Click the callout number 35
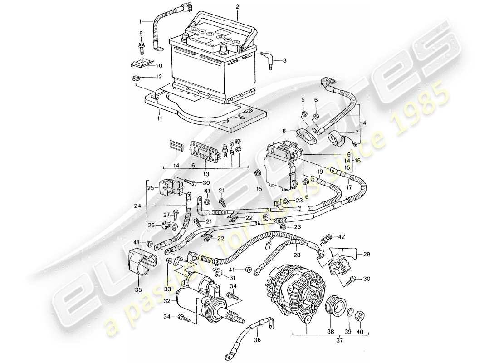point(139,289)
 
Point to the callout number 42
point(342,237)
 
